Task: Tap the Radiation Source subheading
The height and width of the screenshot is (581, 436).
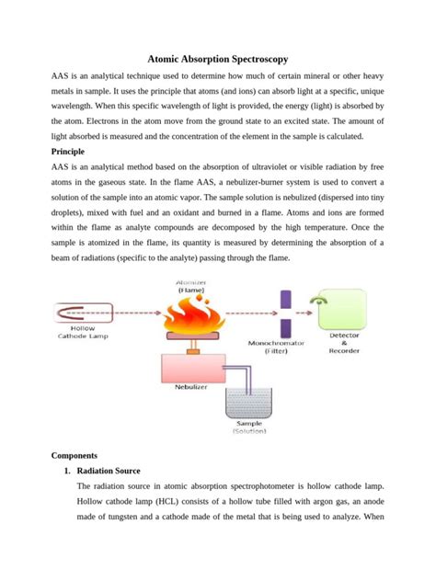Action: pyautogui.click(x=114, y=471)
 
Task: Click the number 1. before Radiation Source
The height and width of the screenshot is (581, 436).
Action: pyautogui.click(x=67, y=471)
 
